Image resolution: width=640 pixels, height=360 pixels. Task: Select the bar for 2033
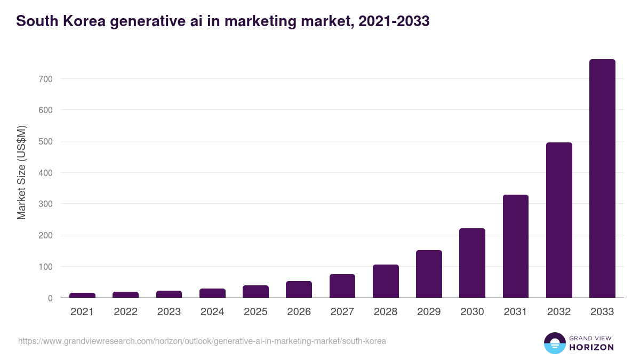click(x=602, y=178)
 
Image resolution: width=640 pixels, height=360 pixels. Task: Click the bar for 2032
click(x=559, y=220)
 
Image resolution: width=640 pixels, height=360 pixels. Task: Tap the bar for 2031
click(x=515, y=246)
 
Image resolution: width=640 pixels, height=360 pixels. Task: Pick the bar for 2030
click(x=472, y=263)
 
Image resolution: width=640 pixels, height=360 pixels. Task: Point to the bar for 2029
click(x=429, y=274)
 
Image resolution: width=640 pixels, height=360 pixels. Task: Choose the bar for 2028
click(x=386, y=281)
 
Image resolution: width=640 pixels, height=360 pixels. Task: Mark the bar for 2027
click(x=342, y=286)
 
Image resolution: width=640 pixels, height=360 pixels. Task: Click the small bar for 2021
click(x=82, y=295)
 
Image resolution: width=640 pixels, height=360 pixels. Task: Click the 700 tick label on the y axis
click(x=45, y=79)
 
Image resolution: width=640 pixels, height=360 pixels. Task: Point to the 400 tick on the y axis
click(x=45, y=173)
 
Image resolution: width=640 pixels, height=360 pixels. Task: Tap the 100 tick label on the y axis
click(x=45, y=267)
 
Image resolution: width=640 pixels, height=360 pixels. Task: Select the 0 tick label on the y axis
click(x=50, y=298)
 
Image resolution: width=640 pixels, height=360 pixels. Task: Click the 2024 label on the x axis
click(x=212, y=312)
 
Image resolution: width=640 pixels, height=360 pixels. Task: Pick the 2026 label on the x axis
click(x=299, y=312)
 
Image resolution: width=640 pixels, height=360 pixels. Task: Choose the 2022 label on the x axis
click(x=125, y=312)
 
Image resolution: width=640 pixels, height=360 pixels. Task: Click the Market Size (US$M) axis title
click(x=21, y=172)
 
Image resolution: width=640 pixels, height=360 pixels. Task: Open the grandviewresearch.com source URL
click(x=202, y=341)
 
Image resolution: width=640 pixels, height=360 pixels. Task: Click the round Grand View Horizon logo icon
click(x=554, y=343)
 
